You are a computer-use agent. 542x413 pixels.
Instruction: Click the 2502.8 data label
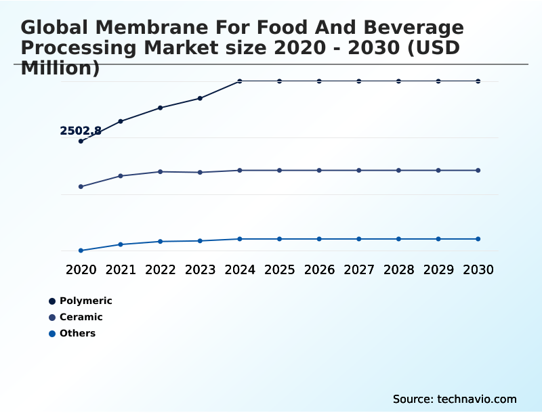point(81,131)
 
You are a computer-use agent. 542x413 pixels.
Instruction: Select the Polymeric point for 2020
point(81,141)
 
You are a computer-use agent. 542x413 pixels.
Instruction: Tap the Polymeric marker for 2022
point(161,108)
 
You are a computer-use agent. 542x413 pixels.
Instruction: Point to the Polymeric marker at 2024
point(240,81)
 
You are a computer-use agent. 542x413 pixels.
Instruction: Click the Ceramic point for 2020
point(81,186)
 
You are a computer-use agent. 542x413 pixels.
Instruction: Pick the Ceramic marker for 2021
point(121,176)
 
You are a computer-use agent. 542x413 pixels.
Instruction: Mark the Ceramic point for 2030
point(478,170)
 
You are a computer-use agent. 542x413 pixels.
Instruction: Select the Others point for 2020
point(81,251)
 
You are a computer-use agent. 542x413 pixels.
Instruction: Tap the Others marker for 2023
point(200,240)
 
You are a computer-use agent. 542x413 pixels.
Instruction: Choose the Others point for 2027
point(359,239)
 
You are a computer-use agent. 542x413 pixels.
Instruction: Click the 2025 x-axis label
point(279,269)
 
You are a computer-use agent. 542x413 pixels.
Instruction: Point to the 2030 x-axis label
point(478,269)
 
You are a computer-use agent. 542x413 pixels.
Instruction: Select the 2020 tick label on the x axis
point(81,269)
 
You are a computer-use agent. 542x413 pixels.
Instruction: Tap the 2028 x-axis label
point(398,269)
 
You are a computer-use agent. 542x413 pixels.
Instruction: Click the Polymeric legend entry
point(85,301)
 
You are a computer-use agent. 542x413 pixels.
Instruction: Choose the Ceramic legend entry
point(81,317)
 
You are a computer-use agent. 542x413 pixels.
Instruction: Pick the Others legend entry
point(77,333)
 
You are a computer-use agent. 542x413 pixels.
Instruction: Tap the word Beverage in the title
point(411,28)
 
